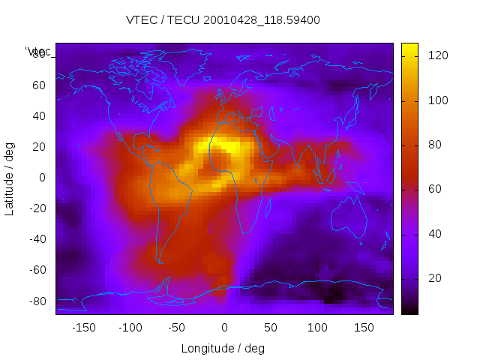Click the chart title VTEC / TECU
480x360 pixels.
223,20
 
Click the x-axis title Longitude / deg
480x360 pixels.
223,348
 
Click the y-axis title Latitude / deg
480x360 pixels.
10,177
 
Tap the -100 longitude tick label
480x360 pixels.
130,327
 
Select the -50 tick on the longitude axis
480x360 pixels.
177,327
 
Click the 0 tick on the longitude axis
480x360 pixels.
224,327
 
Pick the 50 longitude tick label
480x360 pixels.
271,327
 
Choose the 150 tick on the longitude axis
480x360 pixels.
364,327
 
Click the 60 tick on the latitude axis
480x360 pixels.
38,85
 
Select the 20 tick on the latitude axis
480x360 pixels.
38,146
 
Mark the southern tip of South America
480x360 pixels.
160,262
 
